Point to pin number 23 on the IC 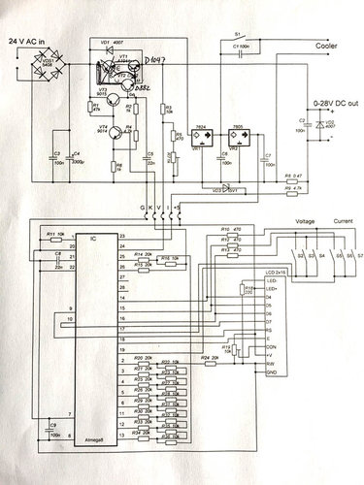click(122, 237)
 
